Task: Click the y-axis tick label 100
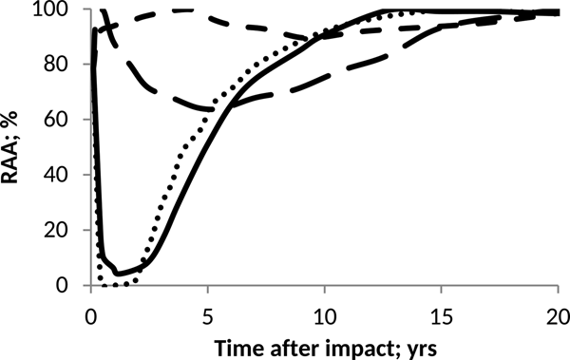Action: pyautogui.click(x=60, y=9)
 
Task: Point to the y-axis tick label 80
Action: pyautogui.click(x=65, y=65)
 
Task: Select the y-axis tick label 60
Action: pyautogui.click(x=65, y=120)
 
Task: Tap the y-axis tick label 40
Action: pyautogui.click(x=65, y=175)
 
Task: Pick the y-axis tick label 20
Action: pyautogui.click(x=65, y=230)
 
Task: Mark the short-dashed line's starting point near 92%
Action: pyautogui.click(x=94, y=31)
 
